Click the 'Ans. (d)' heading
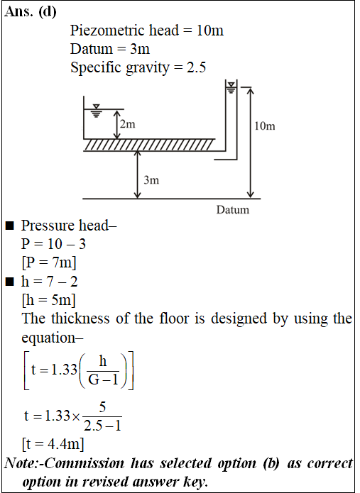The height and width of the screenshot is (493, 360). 31,12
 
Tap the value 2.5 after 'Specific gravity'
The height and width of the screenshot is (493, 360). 197,67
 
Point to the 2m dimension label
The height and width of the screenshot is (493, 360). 127,124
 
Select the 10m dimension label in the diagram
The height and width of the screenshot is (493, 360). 265,126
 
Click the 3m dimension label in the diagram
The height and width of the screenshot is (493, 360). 151,180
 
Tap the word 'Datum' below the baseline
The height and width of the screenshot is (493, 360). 233,210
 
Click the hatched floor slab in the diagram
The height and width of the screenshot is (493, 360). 149,145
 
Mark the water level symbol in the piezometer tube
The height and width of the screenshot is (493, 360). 231,88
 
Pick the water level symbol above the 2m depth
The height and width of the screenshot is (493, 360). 97,111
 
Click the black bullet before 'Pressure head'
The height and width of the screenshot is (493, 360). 10,226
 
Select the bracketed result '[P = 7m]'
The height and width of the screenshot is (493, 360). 49,262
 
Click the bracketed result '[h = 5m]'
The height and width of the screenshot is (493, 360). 49,300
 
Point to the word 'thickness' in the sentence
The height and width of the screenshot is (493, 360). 80,318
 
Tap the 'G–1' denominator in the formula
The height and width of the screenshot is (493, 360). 103,380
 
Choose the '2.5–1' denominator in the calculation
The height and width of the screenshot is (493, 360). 102,426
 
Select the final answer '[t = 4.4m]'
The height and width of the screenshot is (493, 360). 53,444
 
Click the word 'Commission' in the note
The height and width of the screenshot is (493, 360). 84,463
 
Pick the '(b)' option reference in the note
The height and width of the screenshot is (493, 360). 271,464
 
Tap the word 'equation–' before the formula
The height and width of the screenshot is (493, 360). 53,338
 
